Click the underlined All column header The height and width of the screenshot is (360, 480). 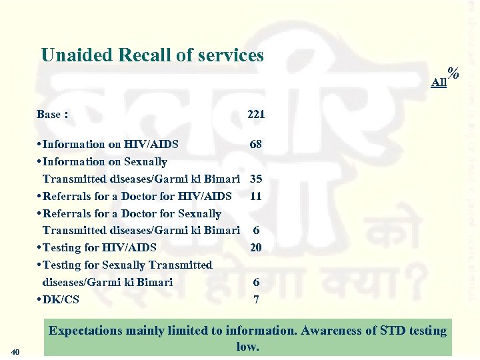[439, 82]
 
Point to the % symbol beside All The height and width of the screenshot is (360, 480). [455, 73]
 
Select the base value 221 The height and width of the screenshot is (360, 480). [256, 114]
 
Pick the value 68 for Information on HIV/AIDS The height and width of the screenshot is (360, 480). [256, 144]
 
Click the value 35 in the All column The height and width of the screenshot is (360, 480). [256, 179]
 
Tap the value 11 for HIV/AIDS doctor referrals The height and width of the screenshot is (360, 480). [256, 196]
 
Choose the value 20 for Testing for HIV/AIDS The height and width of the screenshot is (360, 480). [256, 247]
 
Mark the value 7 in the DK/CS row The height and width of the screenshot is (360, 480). [256, 299]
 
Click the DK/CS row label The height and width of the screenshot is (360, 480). [60, 299]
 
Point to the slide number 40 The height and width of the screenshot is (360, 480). [17, 352]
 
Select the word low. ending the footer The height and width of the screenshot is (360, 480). [247, 347]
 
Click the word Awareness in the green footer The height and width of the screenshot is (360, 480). [325, 331]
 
